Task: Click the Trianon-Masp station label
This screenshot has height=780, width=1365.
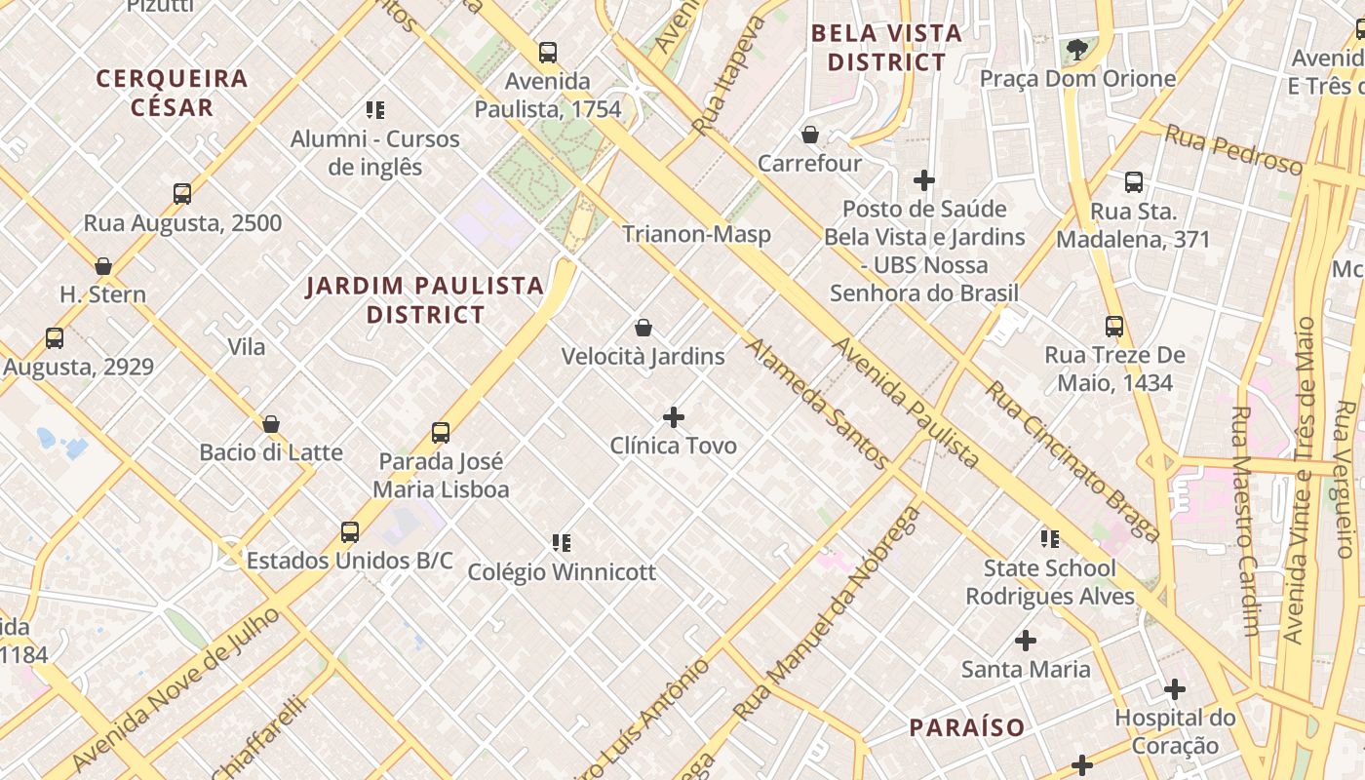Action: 696,234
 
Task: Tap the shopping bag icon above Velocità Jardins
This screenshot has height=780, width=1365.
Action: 643,328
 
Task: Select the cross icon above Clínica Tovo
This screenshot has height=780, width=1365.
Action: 673,417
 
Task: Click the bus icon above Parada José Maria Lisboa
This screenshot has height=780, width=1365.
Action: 441,432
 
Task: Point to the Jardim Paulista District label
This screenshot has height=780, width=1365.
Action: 425,299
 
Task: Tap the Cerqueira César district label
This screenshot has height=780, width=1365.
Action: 172,93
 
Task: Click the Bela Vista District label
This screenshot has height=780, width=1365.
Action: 886,48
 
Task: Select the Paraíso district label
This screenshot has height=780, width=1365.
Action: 967,727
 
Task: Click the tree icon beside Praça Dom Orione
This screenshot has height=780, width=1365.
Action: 1076,49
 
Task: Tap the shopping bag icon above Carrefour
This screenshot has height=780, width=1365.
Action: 809,135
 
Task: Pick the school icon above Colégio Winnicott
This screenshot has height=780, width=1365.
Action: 562,542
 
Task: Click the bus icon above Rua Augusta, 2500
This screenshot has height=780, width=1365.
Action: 182,193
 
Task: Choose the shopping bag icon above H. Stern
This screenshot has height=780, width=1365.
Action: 103,265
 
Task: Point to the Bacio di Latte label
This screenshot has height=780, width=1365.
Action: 271,452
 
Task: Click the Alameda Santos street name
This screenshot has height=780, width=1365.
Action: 817,404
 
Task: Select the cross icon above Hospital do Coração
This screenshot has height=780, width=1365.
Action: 1175,689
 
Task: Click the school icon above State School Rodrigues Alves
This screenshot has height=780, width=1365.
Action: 1049,538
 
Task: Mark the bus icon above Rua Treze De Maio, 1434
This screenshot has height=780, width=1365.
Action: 1114,327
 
